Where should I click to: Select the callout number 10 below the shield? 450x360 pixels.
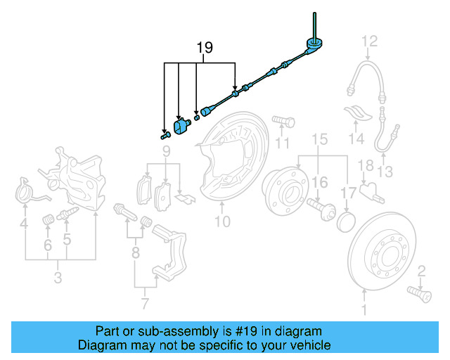coord(222,223)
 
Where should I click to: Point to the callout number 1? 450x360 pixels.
coord(364,309)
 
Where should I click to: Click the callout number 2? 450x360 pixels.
coord(422,271)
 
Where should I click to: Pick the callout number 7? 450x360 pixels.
coord(145,304)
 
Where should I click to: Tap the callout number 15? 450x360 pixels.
coord(320,140)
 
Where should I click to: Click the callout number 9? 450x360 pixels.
coord(166,151)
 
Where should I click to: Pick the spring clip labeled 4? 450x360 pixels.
coord(26,191)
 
